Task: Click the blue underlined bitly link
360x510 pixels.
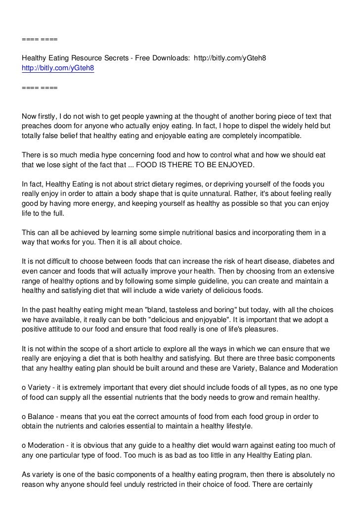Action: [58, 69]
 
